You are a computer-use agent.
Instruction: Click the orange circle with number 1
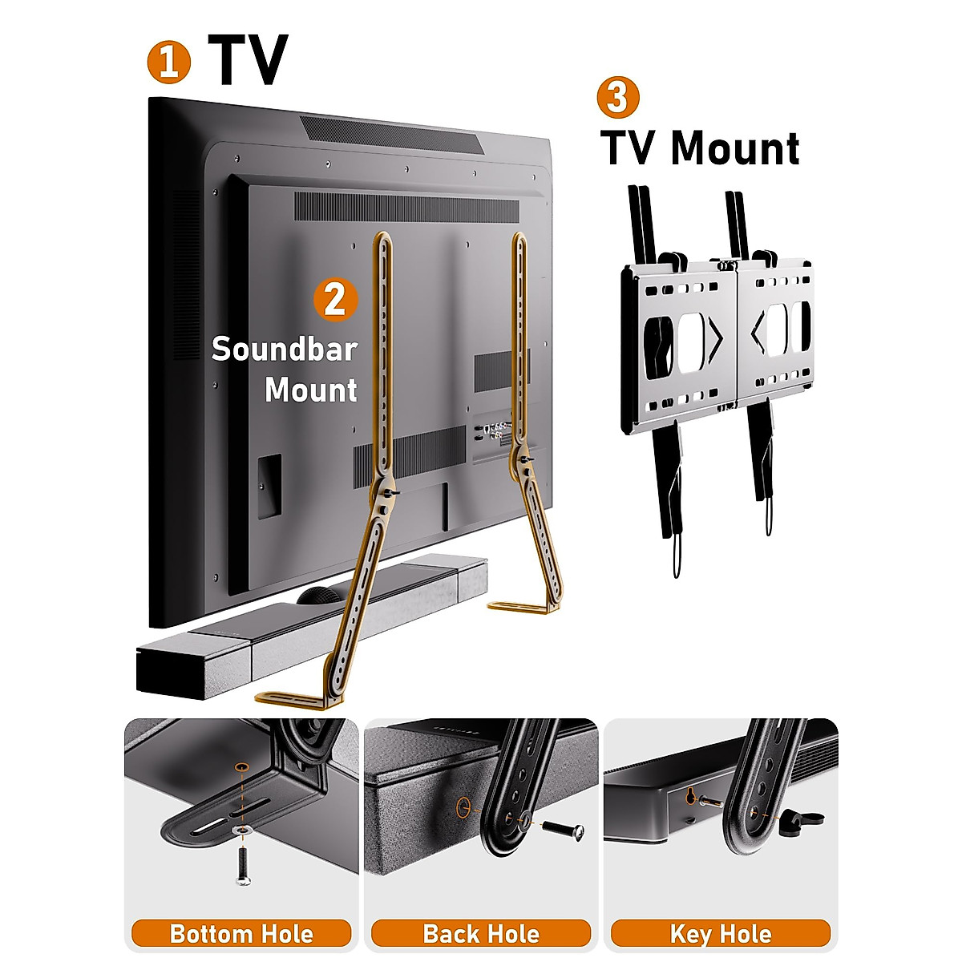click(168, 63)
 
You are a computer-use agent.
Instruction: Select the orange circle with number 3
click(618, 97)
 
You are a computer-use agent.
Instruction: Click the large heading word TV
click(248, 61)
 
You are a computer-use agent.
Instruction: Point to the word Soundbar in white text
click(284, 350)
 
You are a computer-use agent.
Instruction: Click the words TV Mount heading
click(700, 148)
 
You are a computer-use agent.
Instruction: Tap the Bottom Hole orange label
click(241, 934)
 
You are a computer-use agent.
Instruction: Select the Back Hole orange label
click(481, 934)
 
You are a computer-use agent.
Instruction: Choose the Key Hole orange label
click(720, 934)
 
